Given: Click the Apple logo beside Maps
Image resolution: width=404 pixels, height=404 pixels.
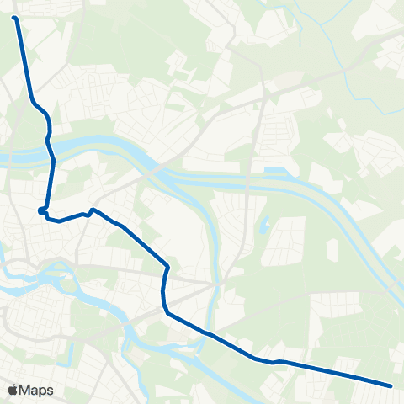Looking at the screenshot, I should [x=13, y=390].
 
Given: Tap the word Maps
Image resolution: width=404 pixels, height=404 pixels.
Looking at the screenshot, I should [x=37, y=390].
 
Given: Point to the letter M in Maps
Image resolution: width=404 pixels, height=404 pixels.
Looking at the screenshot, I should [x=25, y=390].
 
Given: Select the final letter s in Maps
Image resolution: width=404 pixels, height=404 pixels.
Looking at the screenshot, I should [x=50, y=391].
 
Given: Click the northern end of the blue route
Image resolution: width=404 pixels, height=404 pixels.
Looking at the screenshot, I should [x=15, y=17].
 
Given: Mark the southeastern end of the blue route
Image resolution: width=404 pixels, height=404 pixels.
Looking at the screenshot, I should [x=391, y=386].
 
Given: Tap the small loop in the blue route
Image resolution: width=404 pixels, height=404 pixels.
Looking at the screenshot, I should [x=42, y=210].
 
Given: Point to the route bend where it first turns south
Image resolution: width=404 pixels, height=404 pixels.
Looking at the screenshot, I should [x=168, y=268].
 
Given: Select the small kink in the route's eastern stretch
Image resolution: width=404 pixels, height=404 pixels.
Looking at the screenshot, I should [x=275, y=362].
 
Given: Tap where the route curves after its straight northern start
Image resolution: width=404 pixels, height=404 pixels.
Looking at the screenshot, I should [x=34, y=103].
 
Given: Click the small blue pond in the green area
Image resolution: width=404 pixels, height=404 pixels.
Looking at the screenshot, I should [x=263, y=226].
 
